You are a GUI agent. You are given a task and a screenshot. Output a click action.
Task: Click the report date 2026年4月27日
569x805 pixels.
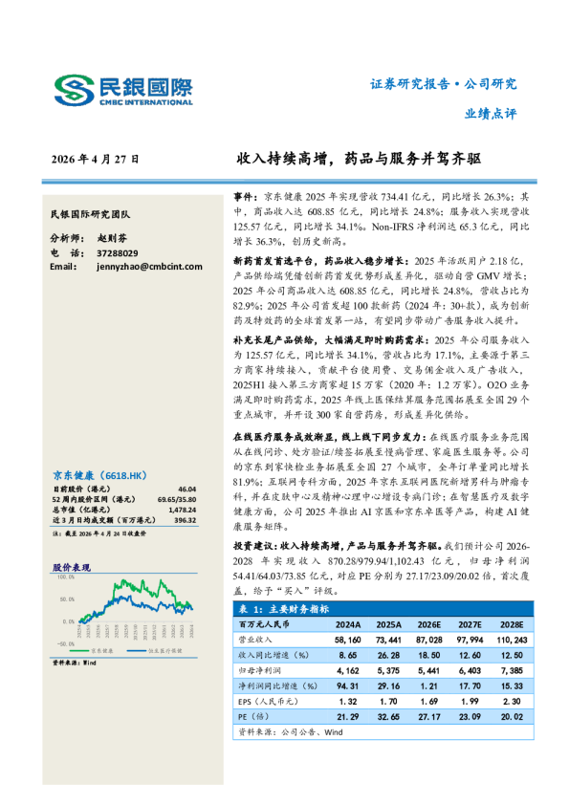pos(95,159)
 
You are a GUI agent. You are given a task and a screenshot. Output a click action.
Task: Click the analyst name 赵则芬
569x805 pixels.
pos(112,238)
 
